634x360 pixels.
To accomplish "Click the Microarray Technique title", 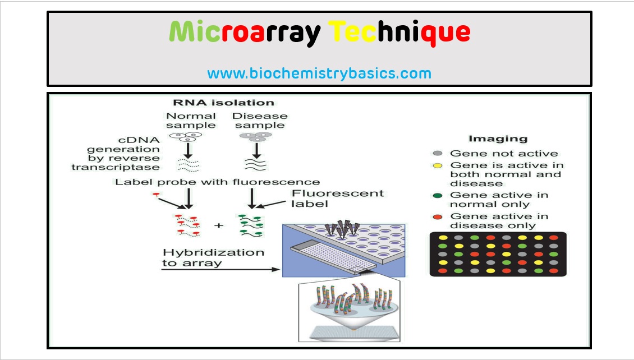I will (319, 33).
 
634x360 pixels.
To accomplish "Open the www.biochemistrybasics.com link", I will (319, 73).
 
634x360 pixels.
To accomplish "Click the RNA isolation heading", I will (223, 103).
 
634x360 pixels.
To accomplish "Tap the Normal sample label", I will (191, 121).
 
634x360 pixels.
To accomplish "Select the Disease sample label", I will (260, 121).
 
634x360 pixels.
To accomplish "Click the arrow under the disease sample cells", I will (256, 150).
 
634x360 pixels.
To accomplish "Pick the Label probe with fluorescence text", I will (218, 182).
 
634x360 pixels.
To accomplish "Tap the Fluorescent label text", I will (337, 198).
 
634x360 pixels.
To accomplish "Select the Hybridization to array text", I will (213, 257).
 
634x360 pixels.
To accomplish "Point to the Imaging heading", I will (490, 139).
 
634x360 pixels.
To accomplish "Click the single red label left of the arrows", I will (156, 195).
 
